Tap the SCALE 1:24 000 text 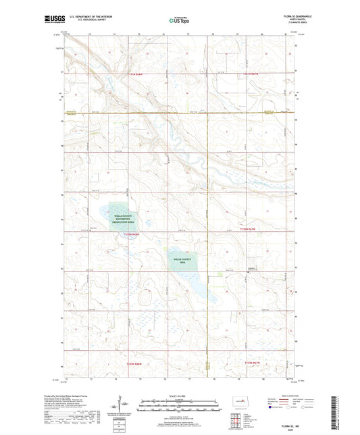click(x=179, y=396)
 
